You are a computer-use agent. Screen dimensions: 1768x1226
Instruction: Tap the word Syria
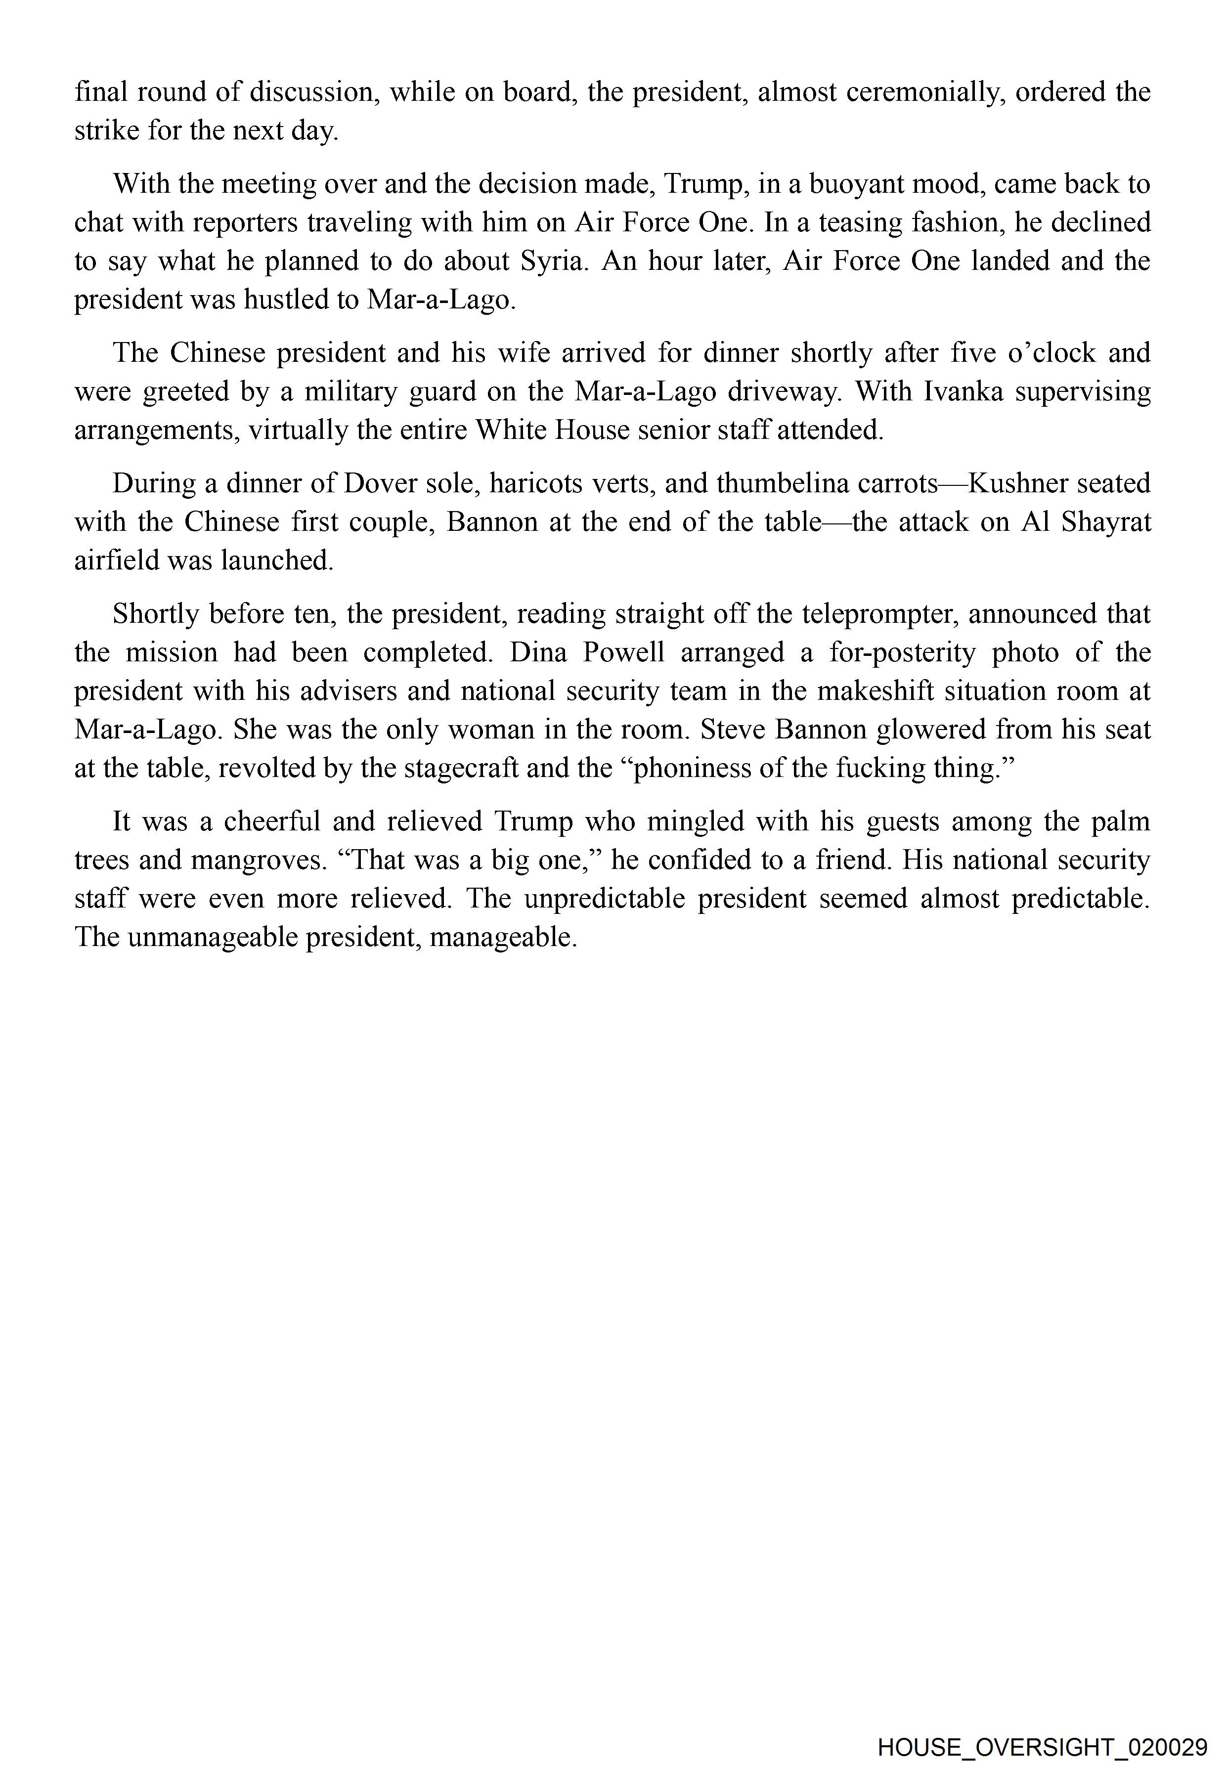(x=553, y=261)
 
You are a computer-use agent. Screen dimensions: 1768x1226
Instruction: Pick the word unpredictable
(x=605, y=899)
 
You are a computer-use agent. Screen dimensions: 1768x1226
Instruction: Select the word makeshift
(x=875, y=691)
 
